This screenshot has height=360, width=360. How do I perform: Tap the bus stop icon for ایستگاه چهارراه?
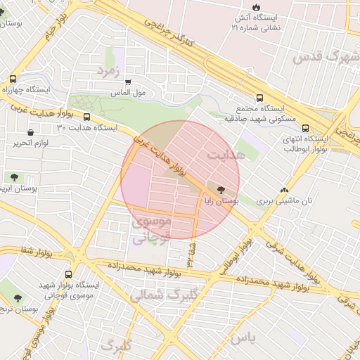click(x=13, y=79)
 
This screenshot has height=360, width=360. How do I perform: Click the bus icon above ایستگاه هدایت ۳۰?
click(x=86, y=117)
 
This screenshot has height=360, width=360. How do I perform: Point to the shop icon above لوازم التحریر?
click(x=30, y=132)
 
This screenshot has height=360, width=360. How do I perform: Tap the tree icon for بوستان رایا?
click(x=222, y=190)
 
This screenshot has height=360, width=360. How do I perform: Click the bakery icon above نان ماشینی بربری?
click(x=284, y=190)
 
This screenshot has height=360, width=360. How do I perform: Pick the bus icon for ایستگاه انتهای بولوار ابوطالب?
click(x=305, y=128)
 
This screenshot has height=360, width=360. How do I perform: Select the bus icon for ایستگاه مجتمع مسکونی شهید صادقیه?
click(x=259, y=98)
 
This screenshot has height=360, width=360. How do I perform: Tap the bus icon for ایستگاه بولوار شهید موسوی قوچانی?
click(x=68, y=274)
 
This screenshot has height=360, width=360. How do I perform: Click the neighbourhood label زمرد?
click(x=110, y=72)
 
